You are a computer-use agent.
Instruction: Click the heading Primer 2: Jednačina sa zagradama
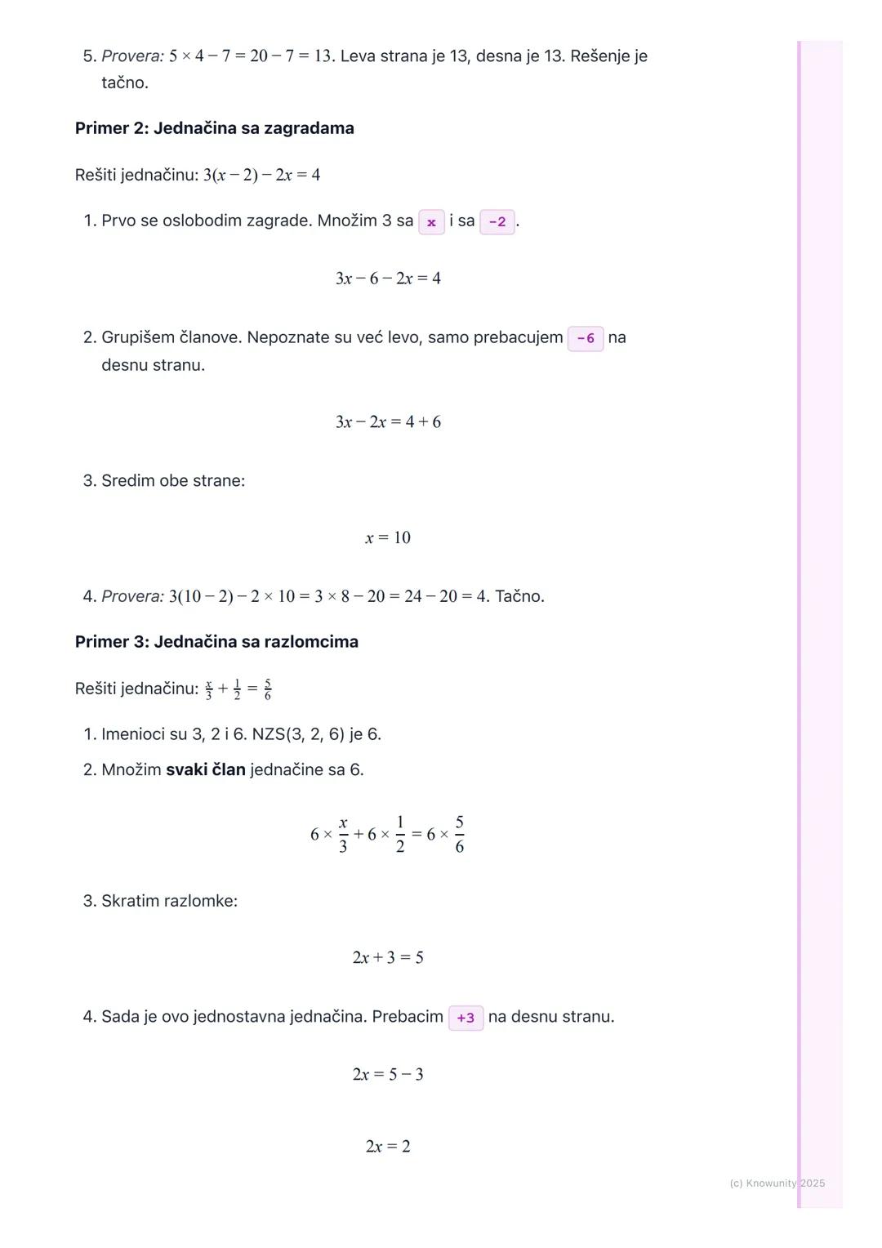pyautogui.click(x=214, y=128)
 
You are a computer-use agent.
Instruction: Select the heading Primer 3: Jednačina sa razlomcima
pyautogui.click(x=216, y=642)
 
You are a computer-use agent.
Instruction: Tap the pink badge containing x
pyautogui.click(x=431, y=222)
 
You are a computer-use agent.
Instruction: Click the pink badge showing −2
pyautogui.click(x=497, y=222)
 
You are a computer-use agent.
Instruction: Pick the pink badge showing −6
pyautogui.click(x=586, y=338)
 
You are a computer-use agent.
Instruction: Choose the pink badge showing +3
pyautogui.click(x=465, y=1018)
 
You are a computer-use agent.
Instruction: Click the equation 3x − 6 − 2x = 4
pyautogui.click(x=388, y=279)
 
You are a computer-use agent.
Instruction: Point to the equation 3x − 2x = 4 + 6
pyautogui.click(x=388, y=422)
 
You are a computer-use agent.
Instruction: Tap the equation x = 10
pyautogui.click(x=388, y=537)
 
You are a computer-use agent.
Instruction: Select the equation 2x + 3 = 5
pyautogui.click(x=388, y=957)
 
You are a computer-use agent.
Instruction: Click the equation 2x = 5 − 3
pyautogui.click(x=388, y=1074)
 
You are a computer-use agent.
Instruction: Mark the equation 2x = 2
pyautogui.click(x=388, y=1146)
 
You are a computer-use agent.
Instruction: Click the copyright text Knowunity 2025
pyautogui.click(x=777, y=1183)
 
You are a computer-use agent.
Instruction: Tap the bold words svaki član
pyautogui.click(x=206, y=769)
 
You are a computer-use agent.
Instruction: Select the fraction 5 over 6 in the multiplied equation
pyautogui.click(x=459, y=834)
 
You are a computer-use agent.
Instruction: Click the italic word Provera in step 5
pyautogui.click(x=132, y=56)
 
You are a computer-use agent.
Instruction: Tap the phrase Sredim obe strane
pyautogui.click(x=172, y=480)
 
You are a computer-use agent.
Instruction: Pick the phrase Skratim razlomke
pyautogui.click(x=169, y=901)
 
